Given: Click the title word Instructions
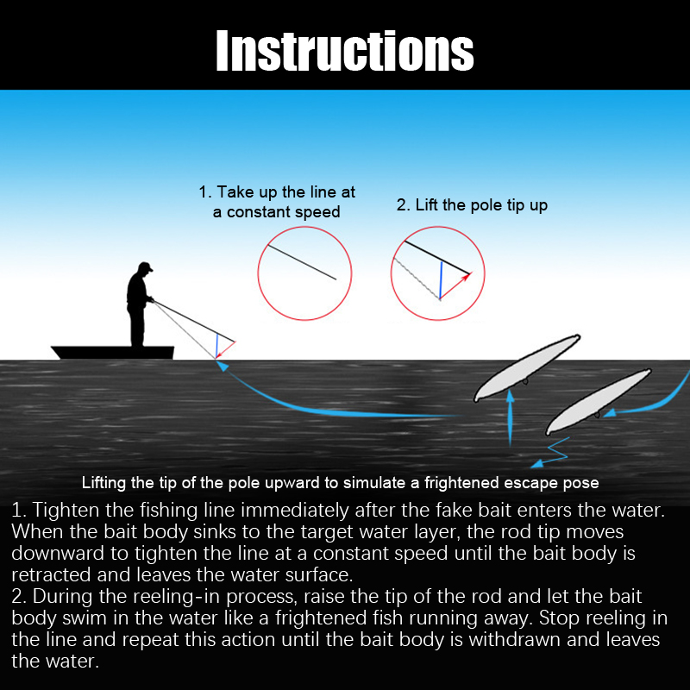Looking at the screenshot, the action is point(344,51).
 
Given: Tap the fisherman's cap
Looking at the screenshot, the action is point(145,267).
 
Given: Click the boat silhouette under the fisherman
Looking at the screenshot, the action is point(113,353).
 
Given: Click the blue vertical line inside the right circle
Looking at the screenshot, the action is point(441,280).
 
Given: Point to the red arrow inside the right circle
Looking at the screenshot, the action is point(455,286).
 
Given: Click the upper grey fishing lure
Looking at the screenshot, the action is point(527,368).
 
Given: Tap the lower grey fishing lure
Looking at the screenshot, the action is point(599,401).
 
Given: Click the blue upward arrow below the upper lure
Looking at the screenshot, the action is point(510,418).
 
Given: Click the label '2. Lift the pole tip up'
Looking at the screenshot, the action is point(472,205).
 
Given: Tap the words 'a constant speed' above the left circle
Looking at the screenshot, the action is point(276,212).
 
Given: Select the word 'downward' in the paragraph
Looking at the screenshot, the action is point(58,554).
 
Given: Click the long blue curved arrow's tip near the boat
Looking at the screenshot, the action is point(219,361).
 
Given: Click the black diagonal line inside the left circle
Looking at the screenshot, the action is point(302,262).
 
